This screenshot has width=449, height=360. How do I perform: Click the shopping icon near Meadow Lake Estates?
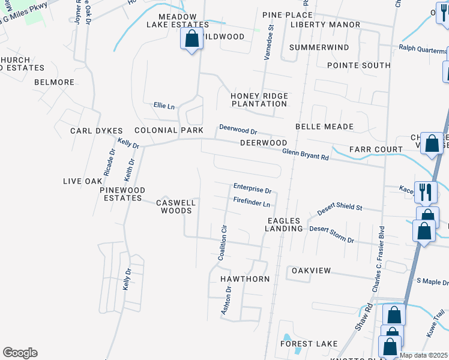point(191,40)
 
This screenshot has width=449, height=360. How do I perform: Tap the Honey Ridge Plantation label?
point(259,100)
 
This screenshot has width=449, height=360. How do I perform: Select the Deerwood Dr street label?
point(238,129)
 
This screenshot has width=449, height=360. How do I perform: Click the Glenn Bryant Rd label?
point(306,154)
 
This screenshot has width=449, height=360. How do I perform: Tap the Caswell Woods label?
point(176,206)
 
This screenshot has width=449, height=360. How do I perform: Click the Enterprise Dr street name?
point(252,188)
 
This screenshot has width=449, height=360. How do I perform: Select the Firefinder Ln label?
point(252,202)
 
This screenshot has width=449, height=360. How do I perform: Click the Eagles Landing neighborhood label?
point(285,224)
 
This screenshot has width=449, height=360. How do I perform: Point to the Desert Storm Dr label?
point(331,234)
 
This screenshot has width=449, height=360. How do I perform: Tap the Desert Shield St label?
point(340,208)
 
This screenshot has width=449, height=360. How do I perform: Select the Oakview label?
point(311,271)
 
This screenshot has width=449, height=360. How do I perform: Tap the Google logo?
point(20,353)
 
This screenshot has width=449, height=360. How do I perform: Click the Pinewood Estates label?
point(122,194)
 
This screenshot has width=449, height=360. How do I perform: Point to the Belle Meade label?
point(324,127)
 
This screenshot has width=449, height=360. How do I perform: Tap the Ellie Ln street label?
point(164,106)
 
